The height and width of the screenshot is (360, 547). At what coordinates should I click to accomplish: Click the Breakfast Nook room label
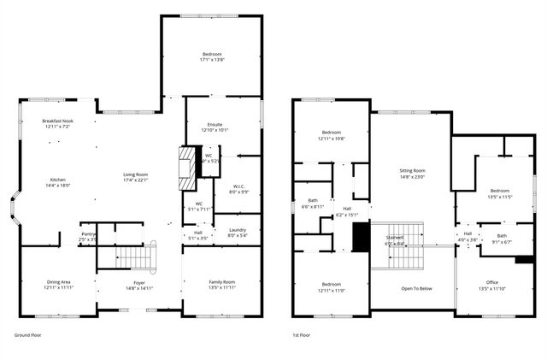pos(58,121)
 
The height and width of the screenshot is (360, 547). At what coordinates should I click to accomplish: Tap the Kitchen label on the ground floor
pos(57,180)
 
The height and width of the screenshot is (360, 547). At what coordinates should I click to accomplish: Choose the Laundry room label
pos(237,230)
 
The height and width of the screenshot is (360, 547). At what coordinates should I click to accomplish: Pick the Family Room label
pos(221,281)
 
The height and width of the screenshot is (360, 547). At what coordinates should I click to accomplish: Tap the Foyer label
pos(139,283)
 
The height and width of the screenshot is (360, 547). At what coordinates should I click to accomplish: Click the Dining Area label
pos(58,281)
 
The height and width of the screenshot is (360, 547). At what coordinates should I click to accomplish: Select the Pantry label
pos(88,233)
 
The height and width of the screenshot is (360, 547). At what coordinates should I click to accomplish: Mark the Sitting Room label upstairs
pos(412,171)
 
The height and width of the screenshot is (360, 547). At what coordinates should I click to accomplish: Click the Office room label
pos(491,281)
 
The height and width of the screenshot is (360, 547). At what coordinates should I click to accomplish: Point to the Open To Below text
pos(416,288)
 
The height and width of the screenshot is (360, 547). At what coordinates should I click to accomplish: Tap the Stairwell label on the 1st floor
pos(395,237)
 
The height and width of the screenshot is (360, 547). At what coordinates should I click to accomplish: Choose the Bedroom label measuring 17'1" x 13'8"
pos(211,56)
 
